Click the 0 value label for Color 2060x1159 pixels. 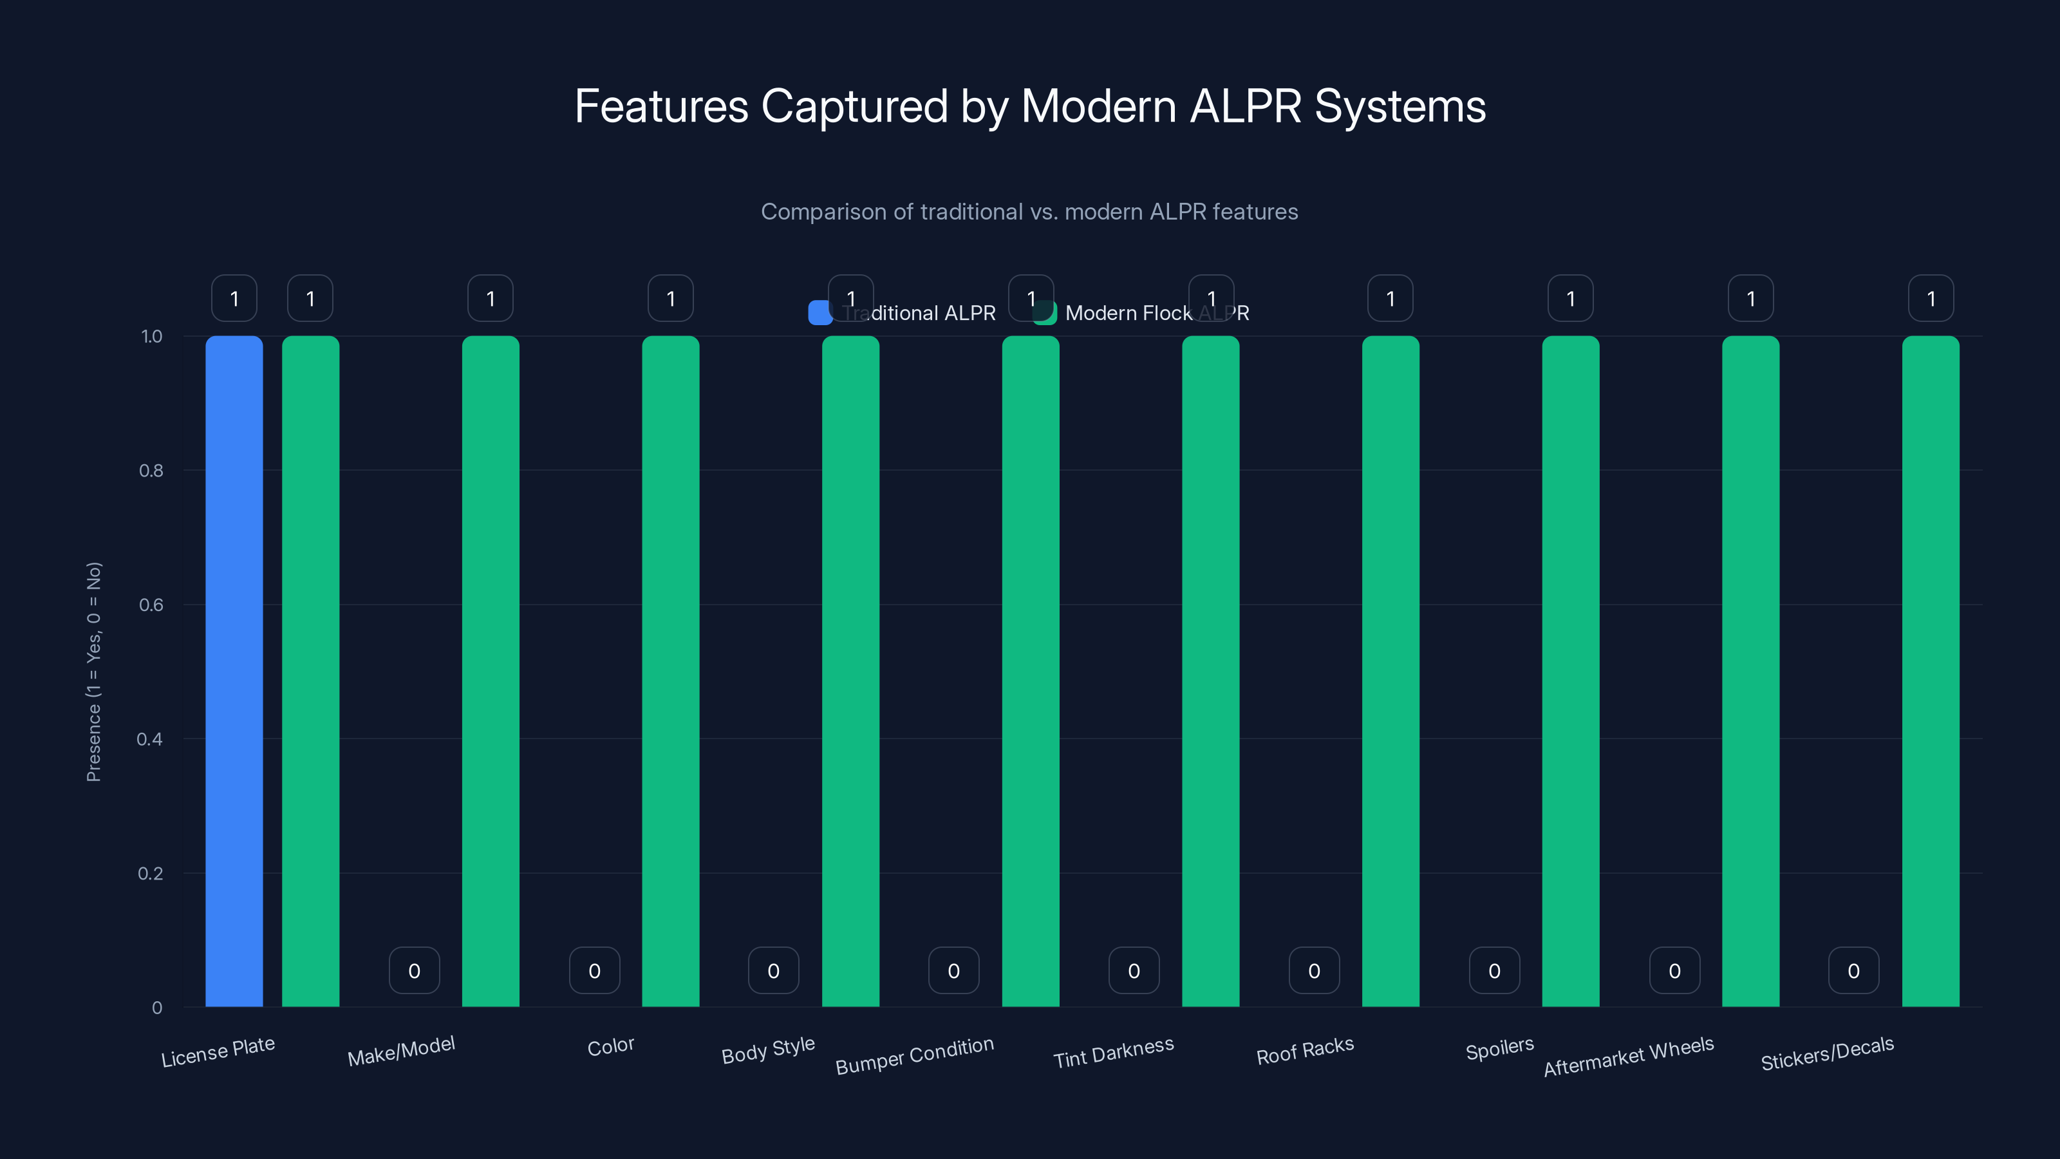click(594, 970)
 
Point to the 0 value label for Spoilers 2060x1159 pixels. click(1493, 970)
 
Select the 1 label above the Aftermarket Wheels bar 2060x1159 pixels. click(1750, 298)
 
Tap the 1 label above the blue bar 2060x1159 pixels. click(234, 298)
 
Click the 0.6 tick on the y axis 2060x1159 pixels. click(151, 605)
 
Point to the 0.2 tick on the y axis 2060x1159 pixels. click(151, 872)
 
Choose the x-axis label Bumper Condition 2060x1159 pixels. click(914, 1056)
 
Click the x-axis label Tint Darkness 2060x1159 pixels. click(1113, 1053)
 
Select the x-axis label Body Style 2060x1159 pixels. click(768, 1050)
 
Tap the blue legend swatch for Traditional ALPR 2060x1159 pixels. click(819, 313)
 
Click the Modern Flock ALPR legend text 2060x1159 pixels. click(1156, 313)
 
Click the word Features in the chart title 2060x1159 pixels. click(660, 106)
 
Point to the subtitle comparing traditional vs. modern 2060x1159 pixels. click(1029, 212)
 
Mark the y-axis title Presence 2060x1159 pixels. click(93, 672)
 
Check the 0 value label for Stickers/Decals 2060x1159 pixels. click(1853, 970)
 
